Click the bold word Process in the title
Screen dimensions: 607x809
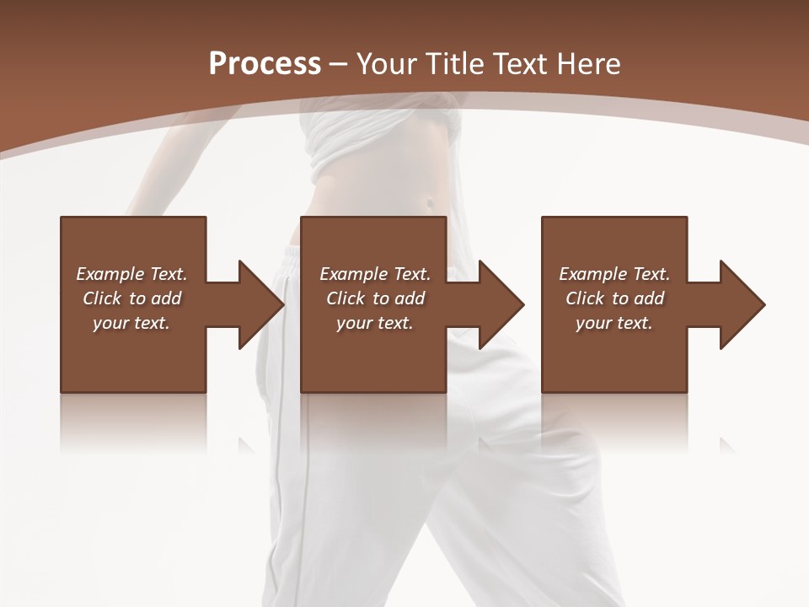(265, 64)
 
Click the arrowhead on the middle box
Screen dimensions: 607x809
(501, 304)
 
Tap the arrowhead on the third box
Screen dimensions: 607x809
(742, 304)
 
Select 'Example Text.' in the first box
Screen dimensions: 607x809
(131, 274)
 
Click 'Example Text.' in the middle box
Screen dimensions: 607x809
(375, 274)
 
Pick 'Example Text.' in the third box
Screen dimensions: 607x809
(614, 274)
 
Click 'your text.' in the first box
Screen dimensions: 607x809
(131, 323)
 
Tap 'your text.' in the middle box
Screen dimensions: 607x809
(375, 323)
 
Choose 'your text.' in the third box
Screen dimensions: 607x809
(614, 323)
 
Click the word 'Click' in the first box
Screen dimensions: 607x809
(102, 298)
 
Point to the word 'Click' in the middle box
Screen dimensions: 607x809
(346, 298)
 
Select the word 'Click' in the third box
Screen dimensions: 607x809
(585, 298)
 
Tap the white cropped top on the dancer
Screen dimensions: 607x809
(383, 135)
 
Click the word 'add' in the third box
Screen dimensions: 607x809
(649, 298)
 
